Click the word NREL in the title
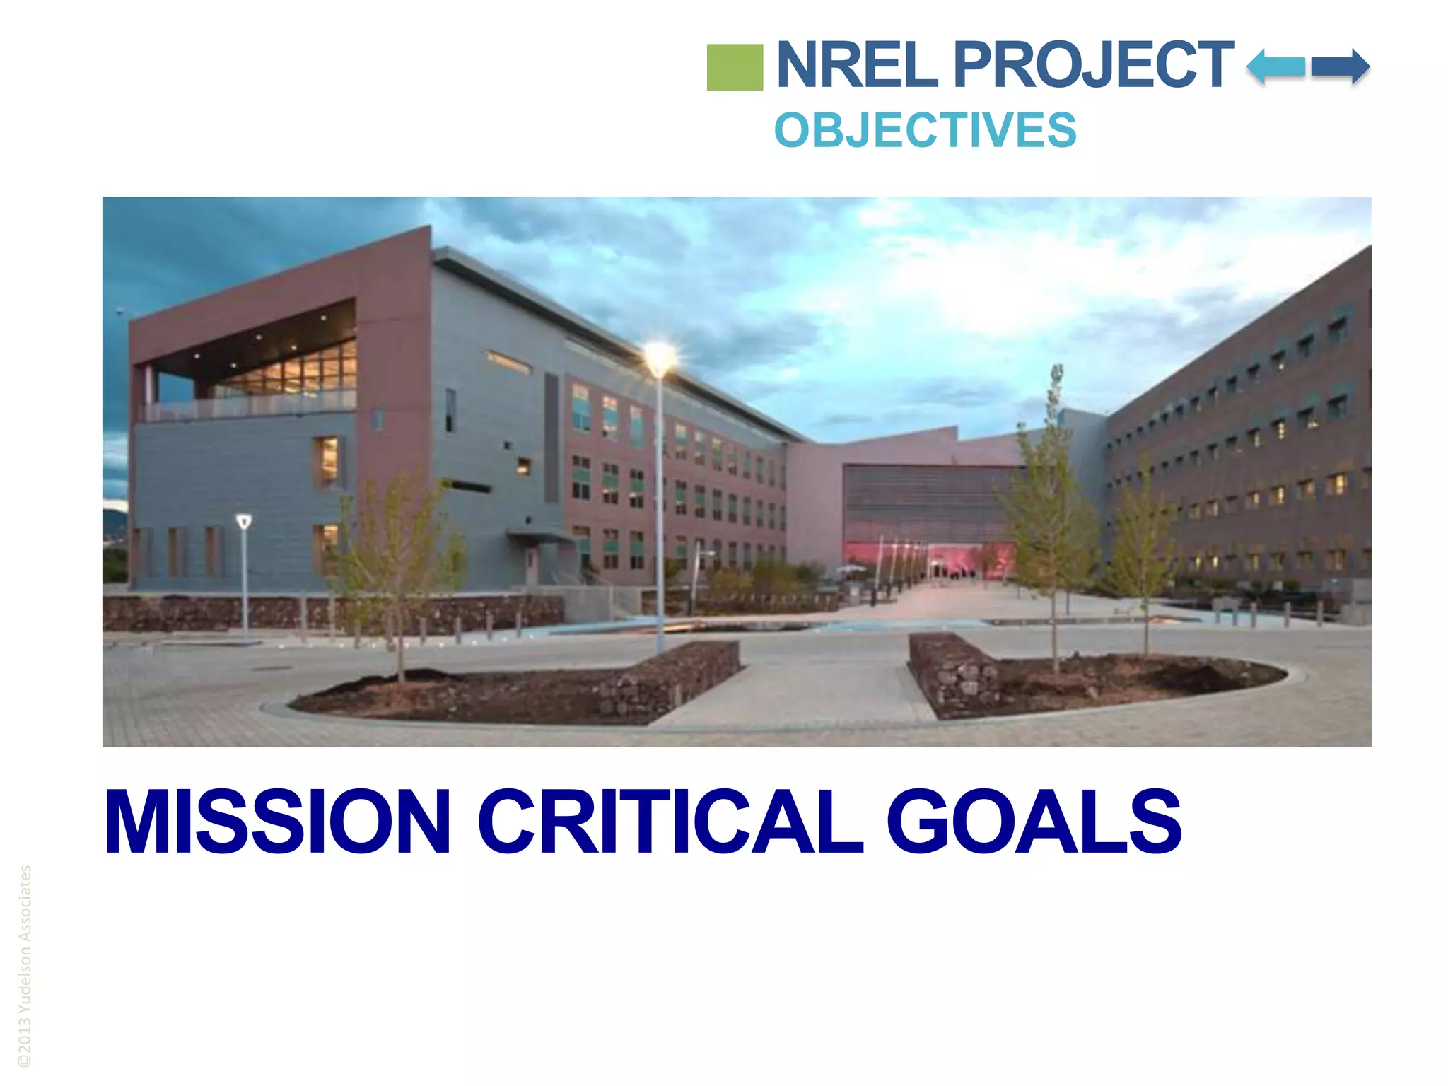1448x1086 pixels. point(857,65)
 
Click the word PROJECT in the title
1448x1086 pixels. point(1093,65)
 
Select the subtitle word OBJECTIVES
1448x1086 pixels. point(925,131)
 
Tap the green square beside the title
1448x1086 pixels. point(735,67)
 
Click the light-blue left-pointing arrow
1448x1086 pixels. point(1275,67)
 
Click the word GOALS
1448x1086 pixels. point(1033,822)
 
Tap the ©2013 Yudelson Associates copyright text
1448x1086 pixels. point(25,966)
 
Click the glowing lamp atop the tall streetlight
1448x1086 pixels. point(659,357)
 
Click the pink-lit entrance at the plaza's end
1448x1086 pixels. point(969,559)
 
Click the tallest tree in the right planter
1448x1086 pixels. point(1053,495)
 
